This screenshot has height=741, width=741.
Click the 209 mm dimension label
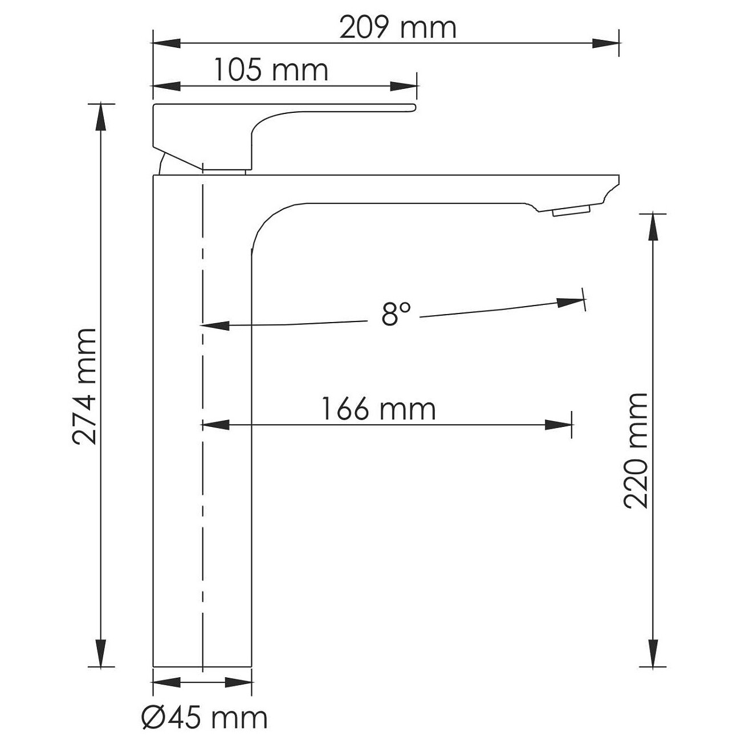click(x=398, y=28)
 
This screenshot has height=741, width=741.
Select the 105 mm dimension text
click(x=271, y=70)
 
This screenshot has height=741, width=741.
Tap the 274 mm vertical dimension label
click(x=84, y=386)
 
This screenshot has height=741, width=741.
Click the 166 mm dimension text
click(x=378, y=409)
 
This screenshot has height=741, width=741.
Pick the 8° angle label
click(x=396, y=313)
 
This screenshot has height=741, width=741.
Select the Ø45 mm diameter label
click(x=204, y=717)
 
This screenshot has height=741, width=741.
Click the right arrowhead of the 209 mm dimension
click(x=605, y=43)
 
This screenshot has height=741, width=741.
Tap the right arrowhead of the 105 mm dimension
click(x=404, y=86)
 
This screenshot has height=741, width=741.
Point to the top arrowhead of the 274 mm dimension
click(x=101, y=117)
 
